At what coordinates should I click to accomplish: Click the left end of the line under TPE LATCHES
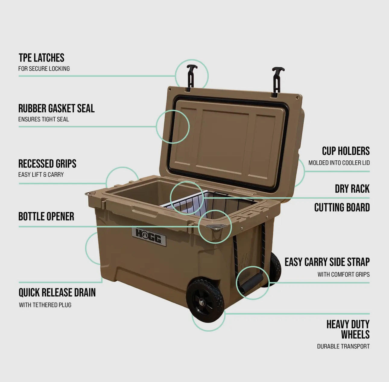click(x=19, y=76)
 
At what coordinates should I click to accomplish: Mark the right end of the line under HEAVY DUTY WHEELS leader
click(x=369, y=314)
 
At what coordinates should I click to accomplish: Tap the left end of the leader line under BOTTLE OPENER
click(x=19, y=227)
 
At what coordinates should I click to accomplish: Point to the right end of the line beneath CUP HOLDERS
click(x=369, y=172)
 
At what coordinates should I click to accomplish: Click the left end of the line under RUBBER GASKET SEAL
click(x=19, y=127)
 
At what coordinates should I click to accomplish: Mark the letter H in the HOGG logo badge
click(x=140, y=234)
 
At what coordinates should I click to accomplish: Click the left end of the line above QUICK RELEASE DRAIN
click(x=19, y=283)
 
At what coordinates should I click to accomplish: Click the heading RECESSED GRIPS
click(x=47, y=164)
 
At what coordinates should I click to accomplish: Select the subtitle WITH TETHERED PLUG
click(x=45, y=305)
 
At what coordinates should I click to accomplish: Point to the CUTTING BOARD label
click(x=342, y=207)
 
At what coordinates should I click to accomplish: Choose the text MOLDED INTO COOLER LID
click(x=339, y=163)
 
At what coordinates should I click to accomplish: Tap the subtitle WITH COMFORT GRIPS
click(x=343, y=274)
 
